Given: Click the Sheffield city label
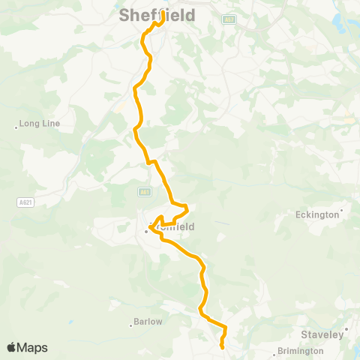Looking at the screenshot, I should click(x=157, y=15).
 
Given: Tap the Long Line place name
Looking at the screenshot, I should click(x=40, y=123).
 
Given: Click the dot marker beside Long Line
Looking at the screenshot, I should click(x=16, y=127).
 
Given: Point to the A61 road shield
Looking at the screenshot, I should click(x=145, y=193).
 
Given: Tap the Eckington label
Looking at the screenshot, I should click(x=317, y=215).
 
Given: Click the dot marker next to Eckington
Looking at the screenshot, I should click(x=342, y=211).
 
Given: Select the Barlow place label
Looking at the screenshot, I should click(x=147, y=321).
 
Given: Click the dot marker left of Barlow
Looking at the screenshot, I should click(x=130, y=325).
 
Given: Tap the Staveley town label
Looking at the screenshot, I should click(x=322, y=334).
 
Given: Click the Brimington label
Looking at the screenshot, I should click(x=300, y=350).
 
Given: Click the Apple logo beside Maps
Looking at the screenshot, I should click(x=11, y=347).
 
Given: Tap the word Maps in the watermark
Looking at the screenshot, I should click(x=32, y=348).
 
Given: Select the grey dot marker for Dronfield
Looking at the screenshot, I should click(x=147, y=231).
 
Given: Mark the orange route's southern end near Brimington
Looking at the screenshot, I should click(x=223, y=347).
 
